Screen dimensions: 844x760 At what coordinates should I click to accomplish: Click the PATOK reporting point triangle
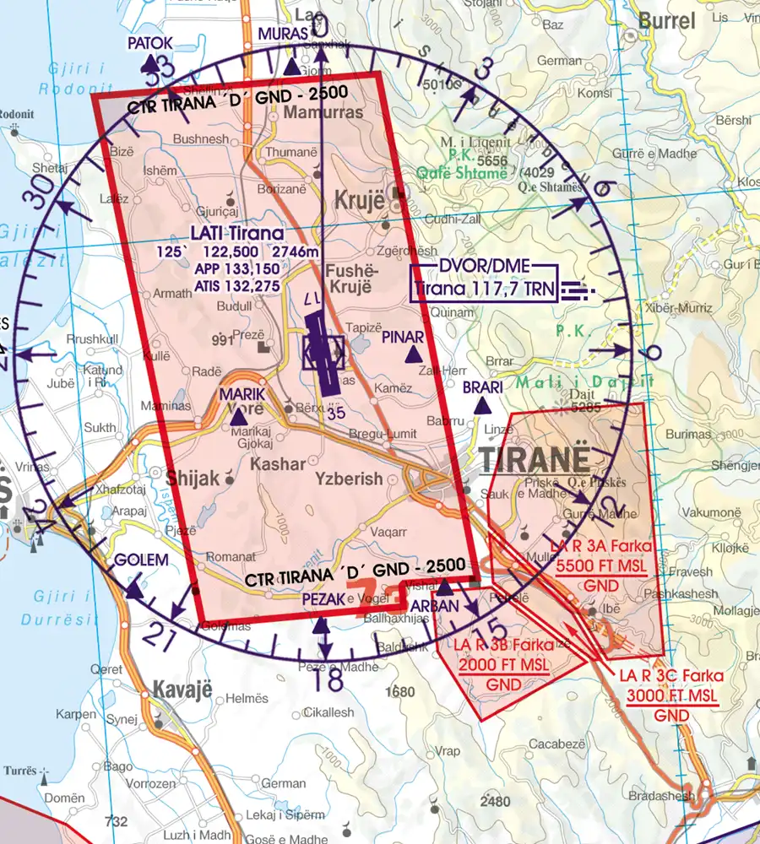149,64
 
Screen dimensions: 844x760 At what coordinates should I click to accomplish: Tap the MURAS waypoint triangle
291,67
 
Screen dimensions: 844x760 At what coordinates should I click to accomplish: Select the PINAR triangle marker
413,356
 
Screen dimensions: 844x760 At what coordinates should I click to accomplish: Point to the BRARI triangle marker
482,406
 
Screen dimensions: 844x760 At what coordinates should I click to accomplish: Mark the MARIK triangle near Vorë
238,415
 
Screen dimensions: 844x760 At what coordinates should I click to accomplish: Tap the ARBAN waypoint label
434,605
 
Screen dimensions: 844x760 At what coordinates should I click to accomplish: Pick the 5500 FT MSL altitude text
604,568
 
